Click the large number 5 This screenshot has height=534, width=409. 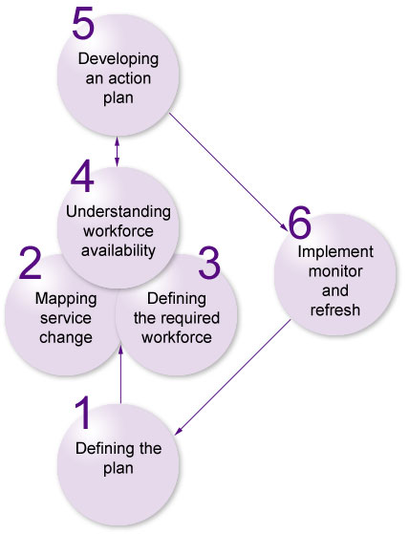(83, 23)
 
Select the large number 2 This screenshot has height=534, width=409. (31, 263)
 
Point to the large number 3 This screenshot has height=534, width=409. (209, 263)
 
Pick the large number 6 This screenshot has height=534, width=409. (300, 222)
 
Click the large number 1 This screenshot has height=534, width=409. (84, 412)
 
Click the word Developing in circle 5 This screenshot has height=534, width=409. (118, 59)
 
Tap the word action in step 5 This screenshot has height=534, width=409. (128, 78)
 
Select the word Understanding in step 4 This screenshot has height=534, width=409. (118, 212)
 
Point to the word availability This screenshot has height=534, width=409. (118, 250)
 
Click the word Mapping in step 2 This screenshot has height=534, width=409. (66, 299)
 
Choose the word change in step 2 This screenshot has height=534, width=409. (66, 337)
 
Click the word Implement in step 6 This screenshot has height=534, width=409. (335, 252)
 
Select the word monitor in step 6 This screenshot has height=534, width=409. (335, 271)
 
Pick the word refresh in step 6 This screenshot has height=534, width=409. (335, 310)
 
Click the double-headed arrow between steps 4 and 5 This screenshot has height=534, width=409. (118, 152)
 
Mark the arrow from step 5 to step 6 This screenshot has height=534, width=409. (228, 172)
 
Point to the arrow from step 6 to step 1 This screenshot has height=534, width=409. (232, 377)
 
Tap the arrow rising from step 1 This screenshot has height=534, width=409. (120, 375)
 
